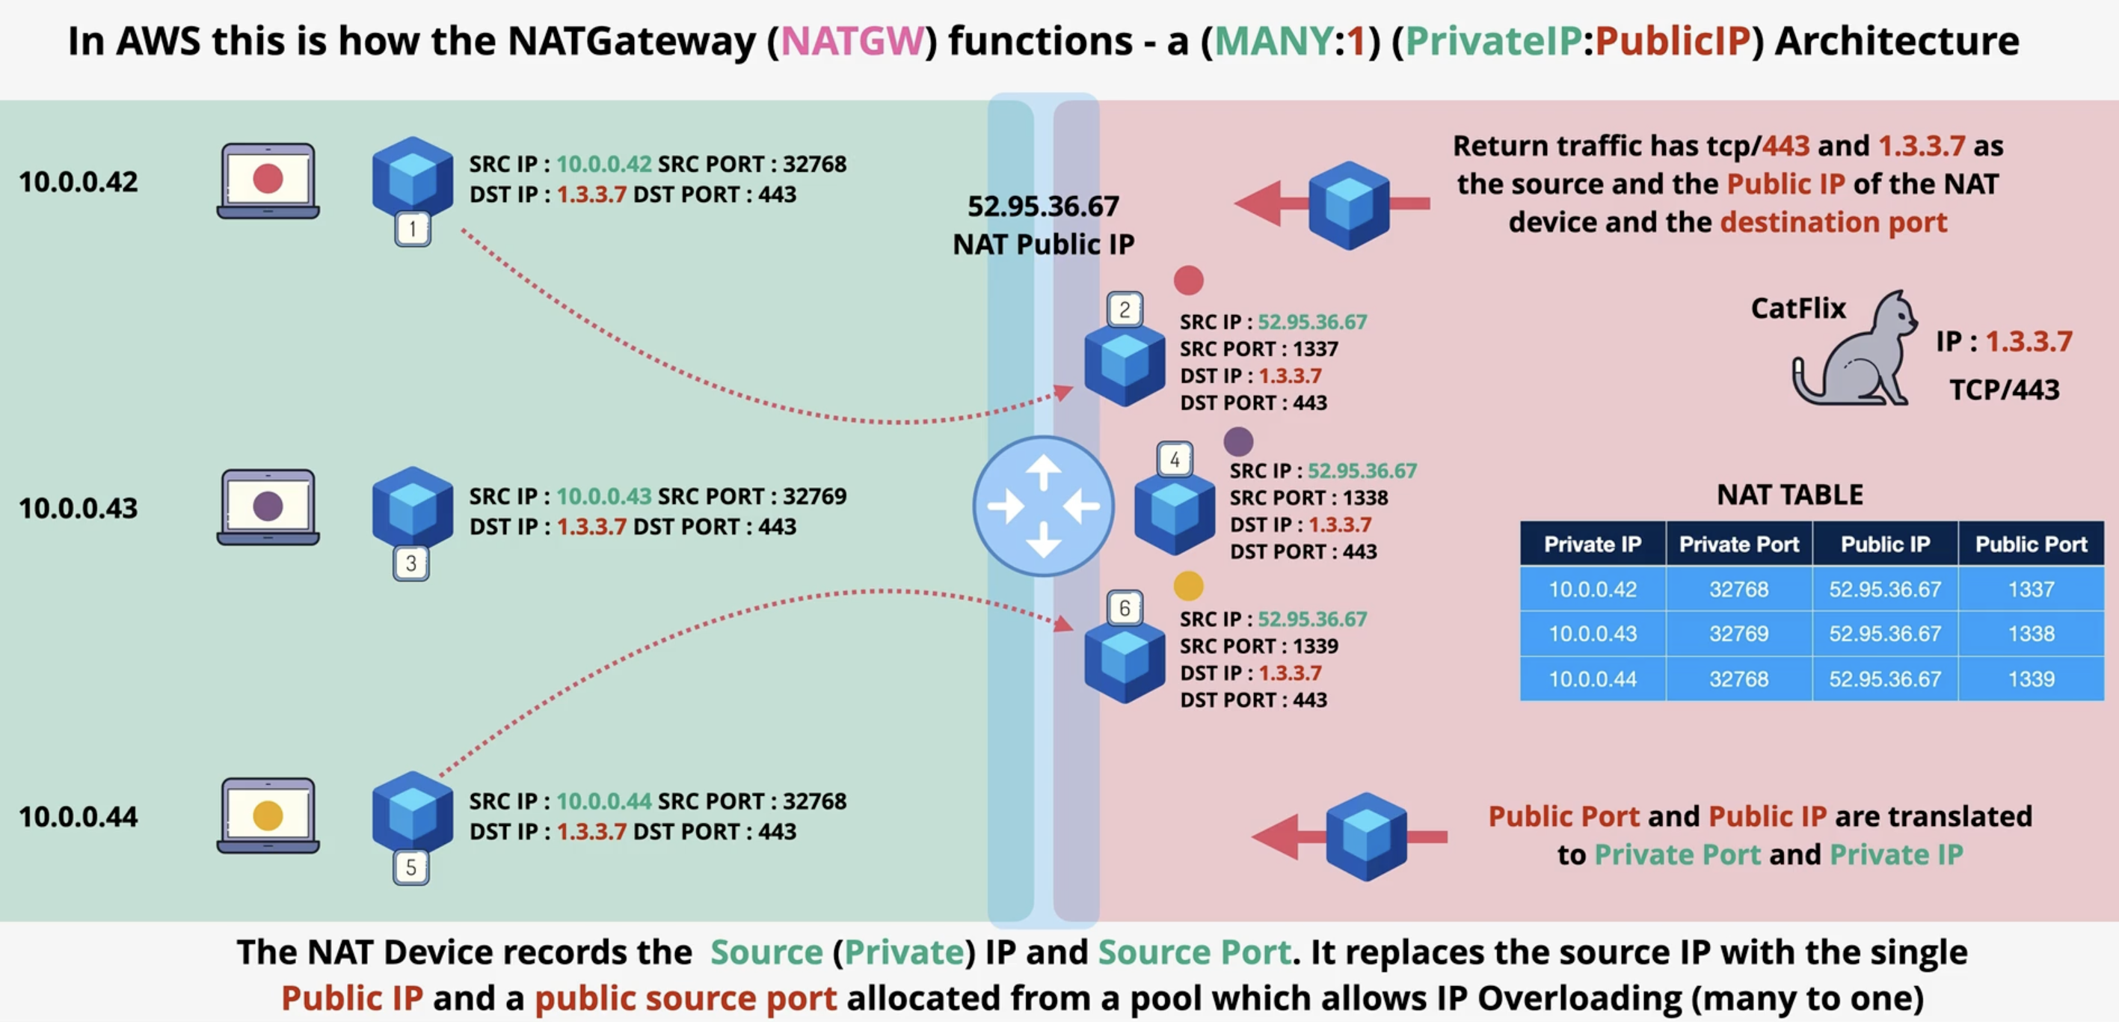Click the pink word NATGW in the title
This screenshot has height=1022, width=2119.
point(852,40)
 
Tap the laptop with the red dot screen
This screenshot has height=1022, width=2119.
point(268,181)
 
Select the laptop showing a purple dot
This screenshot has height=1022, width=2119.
point(268,507)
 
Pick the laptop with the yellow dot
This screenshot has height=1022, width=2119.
point(268,816)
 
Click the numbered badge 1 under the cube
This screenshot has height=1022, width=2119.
point(412,229)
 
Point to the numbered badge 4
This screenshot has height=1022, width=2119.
point(1175,459)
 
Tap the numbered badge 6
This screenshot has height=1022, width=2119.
point(1125,608)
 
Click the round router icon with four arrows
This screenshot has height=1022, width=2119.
point(1043,506)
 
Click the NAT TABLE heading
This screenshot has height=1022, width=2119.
point(1790,495)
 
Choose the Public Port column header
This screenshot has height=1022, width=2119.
point(2031,544)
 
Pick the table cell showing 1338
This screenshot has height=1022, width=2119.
point(2031,634)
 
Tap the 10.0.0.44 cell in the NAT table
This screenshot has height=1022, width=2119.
point(1593,679)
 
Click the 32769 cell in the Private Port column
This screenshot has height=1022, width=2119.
point(1738,634)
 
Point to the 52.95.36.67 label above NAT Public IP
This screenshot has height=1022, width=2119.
point(1043,206)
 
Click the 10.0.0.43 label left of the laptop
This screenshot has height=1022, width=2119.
point(79,508)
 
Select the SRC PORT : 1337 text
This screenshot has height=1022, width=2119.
point(1258,349)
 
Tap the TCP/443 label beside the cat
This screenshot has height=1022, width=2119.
point(2004,388)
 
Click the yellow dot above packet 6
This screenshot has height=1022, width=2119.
point(1188,586)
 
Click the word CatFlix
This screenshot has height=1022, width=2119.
point(1798,307)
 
